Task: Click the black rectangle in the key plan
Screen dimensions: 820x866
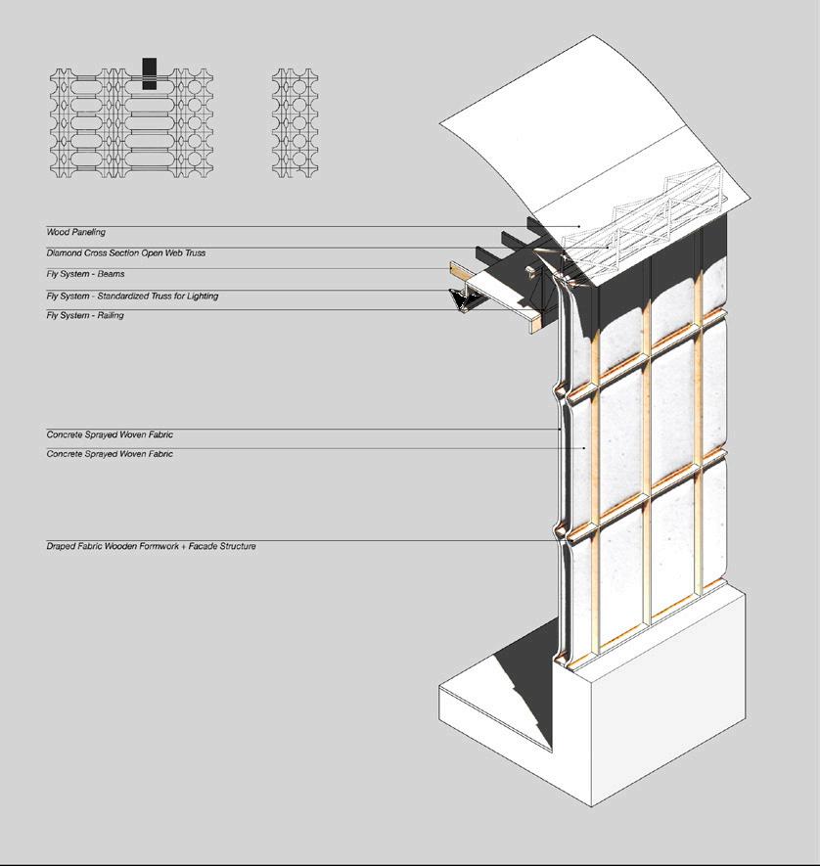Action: tap(149, 73)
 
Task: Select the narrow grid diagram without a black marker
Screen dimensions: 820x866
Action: tap(296, 122)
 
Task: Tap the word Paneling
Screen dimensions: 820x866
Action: tap(88, 232)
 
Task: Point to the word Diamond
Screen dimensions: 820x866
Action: tap(65, 253)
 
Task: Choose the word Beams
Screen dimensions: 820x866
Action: tap(112, 274)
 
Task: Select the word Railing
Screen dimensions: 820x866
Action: tap(111, 316)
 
